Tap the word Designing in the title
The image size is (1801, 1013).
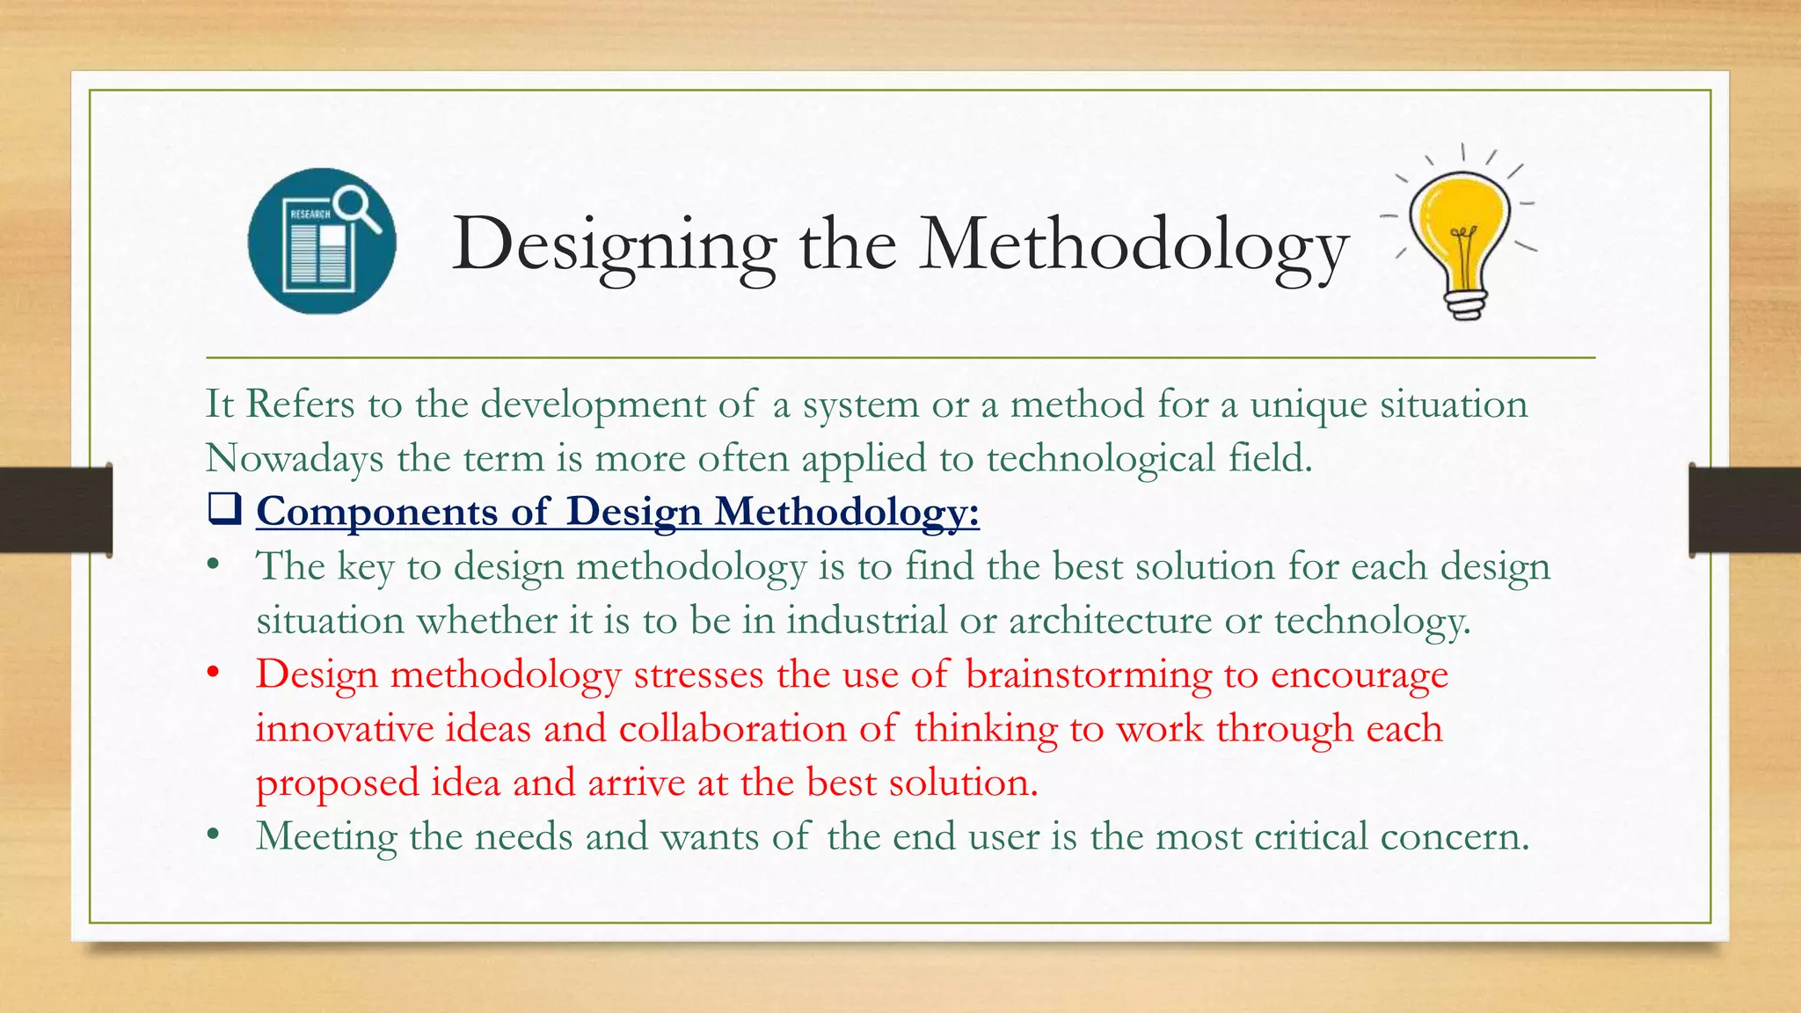(614, 245)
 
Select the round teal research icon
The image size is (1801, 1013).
(322, 241)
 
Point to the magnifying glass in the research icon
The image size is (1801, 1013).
(357, 206)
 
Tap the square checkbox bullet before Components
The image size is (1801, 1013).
(224, 509)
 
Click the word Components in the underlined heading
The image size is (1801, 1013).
(376, 512)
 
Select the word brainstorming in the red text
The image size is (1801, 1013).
(1088, 675)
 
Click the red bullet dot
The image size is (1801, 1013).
(212, 674)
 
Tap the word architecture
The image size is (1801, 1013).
(1110, 621)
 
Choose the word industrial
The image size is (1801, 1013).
(866, 621)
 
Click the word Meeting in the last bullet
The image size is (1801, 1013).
(326, 837)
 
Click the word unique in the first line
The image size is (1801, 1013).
(1308, 405)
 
